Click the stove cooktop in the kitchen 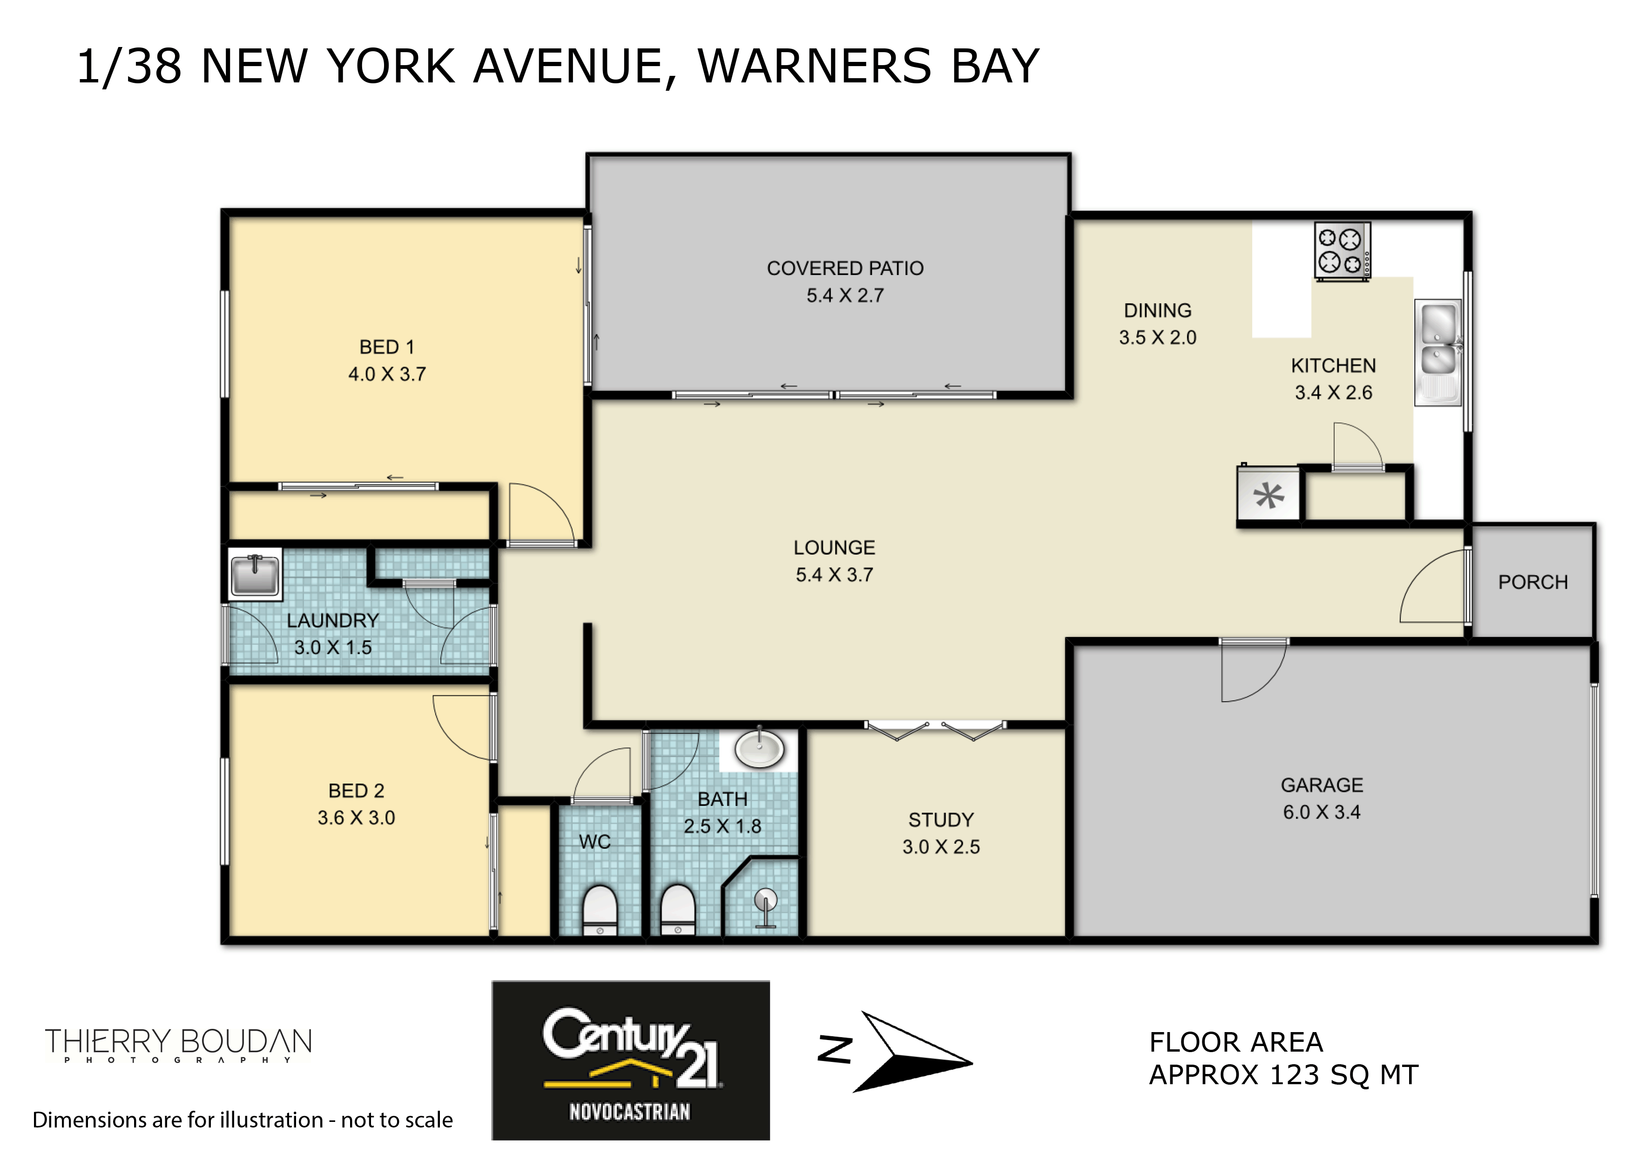1342,252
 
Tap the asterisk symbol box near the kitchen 1268,495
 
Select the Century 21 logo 630,1060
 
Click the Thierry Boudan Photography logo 178,1045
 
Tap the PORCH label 1533,582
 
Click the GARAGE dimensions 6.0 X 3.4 1322,812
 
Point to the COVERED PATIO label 845,268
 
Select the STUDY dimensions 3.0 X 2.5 941,847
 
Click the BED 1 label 386,347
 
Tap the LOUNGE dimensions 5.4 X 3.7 834,575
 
